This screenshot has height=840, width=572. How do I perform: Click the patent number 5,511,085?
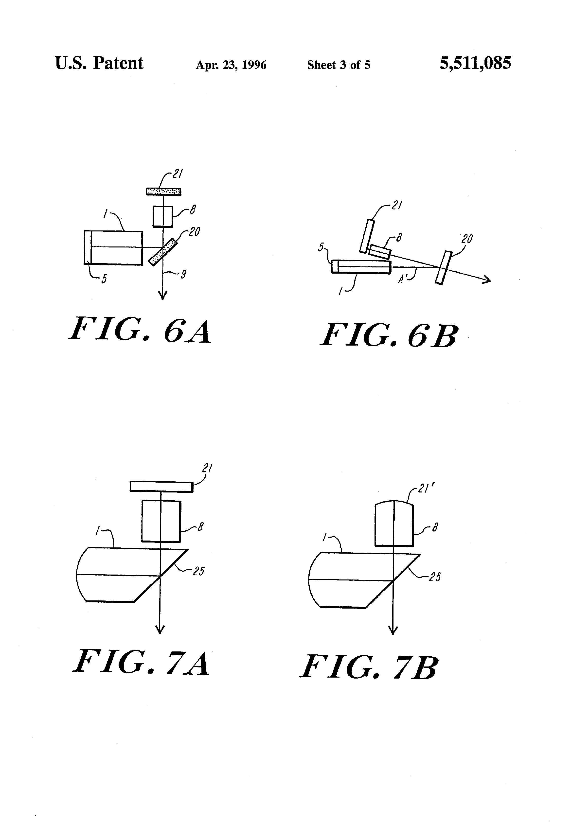pyautogui.click(x=475, y=64)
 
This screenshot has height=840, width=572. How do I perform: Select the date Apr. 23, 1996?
pyautogui.click(x=231, y=65)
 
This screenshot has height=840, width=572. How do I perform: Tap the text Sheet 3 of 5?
pyautogui.click(x=339, y=65)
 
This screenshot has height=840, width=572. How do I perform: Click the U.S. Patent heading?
pyautogui.click(x=99, y=64)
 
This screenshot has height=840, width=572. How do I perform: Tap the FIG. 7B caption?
pyautogui.click(x=369, y=667)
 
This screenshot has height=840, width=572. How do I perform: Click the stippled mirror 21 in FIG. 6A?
pyautogui.click(x=163, y=191)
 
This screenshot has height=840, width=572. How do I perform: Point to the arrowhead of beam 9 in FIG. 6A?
pyautogui.click(x=163, y=296)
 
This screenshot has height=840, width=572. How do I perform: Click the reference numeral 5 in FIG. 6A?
pyautogui.click(x=104, y=279)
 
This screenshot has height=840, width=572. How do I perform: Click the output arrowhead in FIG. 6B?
pyautogui.click(x=487, y=280)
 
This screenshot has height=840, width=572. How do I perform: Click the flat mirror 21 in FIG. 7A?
pyautogui.click(x=161, y=487)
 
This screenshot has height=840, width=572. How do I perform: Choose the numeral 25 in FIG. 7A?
pyautogui.click(x=198, y=571)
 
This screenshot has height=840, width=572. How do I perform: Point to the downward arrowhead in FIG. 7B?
pyautogui.click(x=393, y=630)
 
